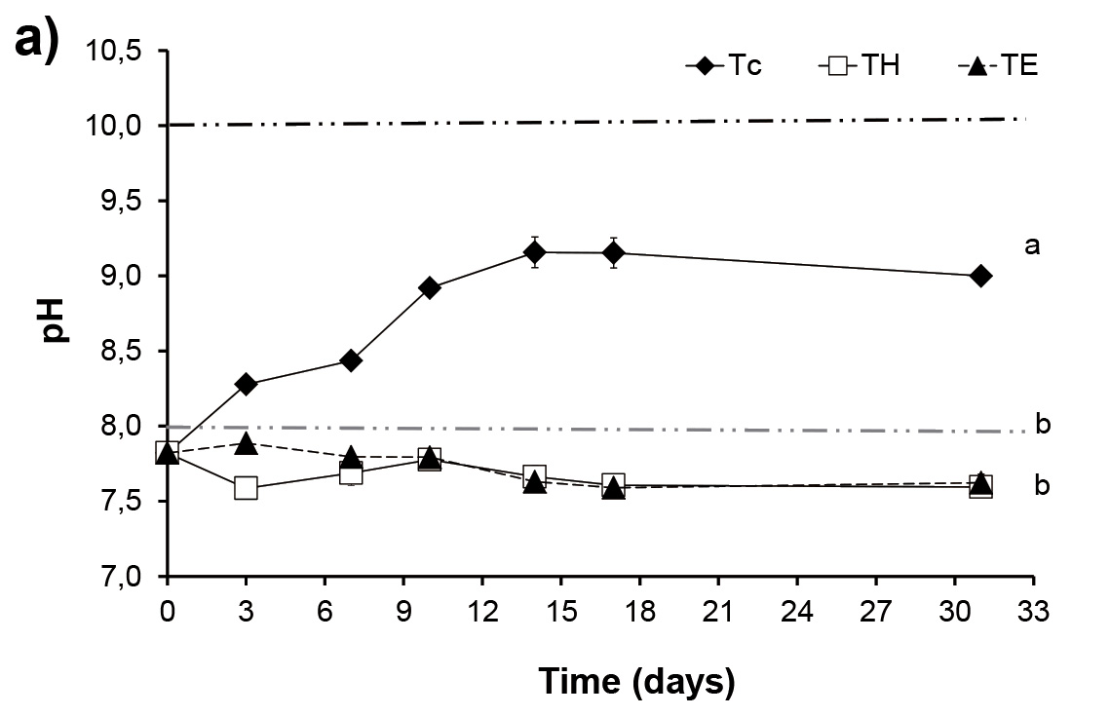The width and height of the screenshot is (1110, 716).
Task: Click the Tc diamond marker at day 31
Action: click(x=981, y=276)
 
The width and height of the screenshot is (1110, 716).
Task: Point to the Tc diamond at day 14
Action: click(x=534, y=252)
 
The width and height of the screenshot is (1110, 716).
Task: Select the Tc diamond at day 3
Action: click(x=246, y=384)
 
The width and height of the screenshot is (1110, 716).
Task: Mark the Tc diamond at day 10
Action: click(x=430, y=287)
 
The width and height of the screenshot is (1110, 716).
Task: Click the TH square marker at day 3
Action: click(x=246, y=487)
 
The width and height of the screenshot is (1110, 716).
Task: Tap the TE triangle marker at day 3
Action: click(x=246, y=444)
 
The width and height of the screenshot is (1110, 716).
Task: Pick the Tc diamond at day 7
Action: click(x=351, y=360)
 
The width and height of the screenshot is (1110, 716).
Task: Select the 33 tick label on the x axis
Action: click(x=1033, y=612)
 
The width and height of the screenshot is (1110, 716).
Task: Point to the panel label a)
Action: click(x=39, y=44)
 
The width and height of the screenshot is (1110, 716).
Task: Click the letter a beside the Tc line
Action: click(x=1032, y=246)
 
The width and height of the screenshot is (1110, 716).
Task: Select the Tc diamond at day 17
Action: click(x=613, y=253)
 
